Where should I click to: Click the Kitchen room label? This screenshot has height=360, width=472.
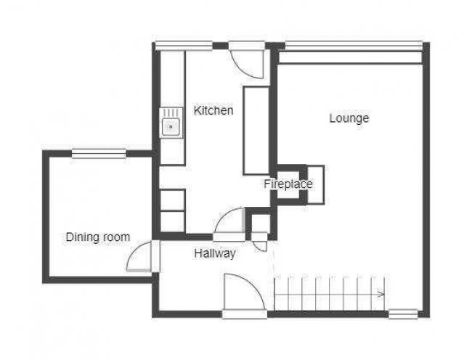tap(213, 111)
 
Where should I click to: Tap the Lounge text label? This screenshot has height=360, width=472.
tap(349, 118)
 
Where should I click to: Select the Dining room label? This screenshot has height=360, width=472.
tap(98, 237)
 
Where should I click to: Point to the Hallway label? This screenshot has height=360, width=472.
tap(215, 254)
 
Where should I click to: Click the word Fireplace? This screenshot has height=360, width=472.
tap(288, 184)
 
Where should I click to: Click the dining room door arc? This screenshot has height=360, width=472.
tap(139, 257)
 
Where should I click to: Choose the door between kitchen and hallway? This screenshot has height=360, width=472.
tap(232, 221)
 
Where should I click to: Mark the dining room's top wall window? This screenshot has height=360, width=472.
tap(99, 152)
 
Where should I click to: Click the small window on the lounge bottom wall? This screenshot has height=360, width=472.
tap(403, 314)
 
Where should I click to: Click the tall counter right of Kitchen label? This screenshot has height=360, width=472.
tap(256, 129)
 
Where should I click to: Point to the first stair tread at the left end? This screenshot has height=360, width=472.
tap(280, 294)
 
